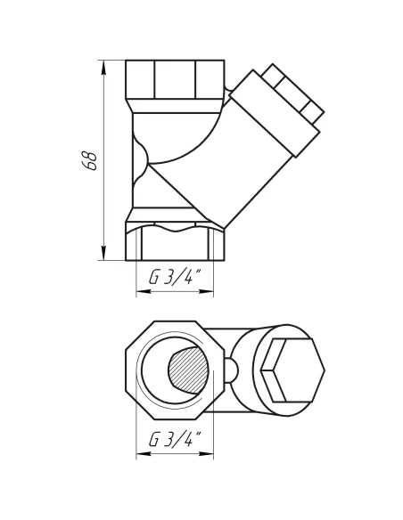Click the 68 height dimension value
(88, 160)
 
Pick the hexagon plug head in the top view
(291, 370)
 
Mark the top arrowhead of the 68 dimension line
(105, 63)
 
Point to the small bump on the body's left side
(135, 158)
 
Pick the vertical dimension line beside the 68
(105, 160)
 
